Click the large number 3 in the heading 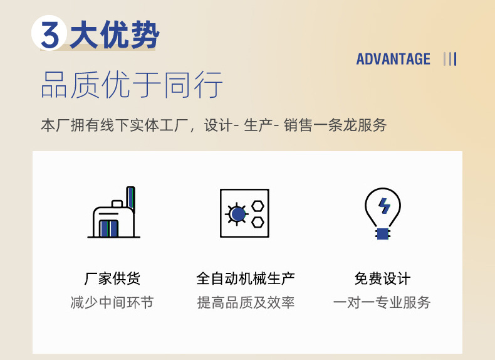(49, 34)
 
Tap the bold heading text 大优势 (114, 34)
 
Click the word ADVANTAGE (393, 60)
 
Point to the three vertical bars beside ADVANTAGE (449, 60)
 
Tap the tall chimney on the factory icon (130, 199)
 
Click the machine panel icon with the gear (244, 213)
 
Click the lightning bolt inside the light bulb (383, 205)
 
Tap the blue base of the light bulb (382, 233)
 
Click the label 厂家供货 (112, 278)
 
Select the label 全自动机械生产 (246, 278)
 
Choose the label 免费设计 (382, 278)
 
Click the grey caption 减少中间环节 (112, 303)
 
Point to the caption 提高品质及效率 (246, 303)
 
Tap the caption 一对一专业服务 (382, 303)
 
